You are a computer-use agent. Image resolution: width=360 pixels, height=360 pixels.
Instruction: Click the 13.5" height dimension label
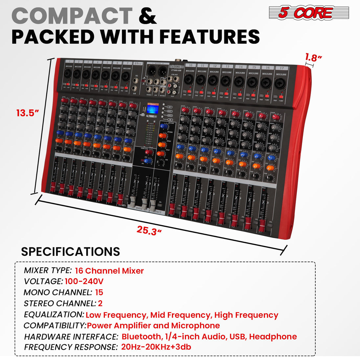[x=28, y=113]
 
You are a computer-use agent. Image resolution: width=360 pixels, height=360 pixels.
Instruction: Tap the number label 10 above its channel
[x=190, y=65]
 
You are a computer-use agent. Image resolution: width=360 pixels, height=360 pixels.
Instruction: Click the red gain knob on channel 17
[x=276, y=117]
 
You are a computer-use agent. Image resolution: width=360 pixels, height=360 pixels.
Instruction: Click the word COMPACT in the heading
[x=72, y=16]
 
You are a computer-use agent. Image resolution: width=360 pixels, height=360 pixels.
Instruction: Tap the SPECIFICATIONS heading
[x=70, y=251]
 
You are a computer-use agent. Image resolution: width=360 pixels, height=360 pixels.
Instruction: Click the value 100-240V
[x=84, y=281]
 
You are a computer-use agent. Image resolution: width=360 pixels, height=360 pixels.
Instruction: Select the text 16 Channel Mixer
[x=109, y=271]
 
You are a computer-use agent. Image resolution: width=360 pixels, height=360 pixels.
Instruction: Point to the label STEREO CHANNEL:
[x=59, y=304]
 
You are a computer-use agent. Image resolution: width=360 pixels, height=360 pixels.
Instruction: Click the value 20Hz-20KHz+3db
[x=156, y=347]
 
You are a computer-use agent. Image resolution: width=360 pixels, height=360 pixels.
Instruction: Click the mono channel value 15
[x=99, y=292]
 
